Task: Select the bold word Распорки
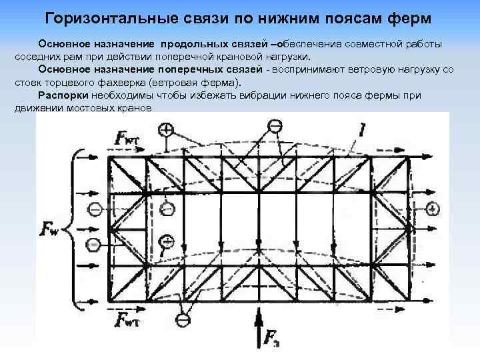[x=62, y=95]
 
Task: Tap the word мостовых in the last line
[x=91, y=108]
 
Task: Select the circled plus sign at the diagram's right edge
[x=433, y=209]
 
